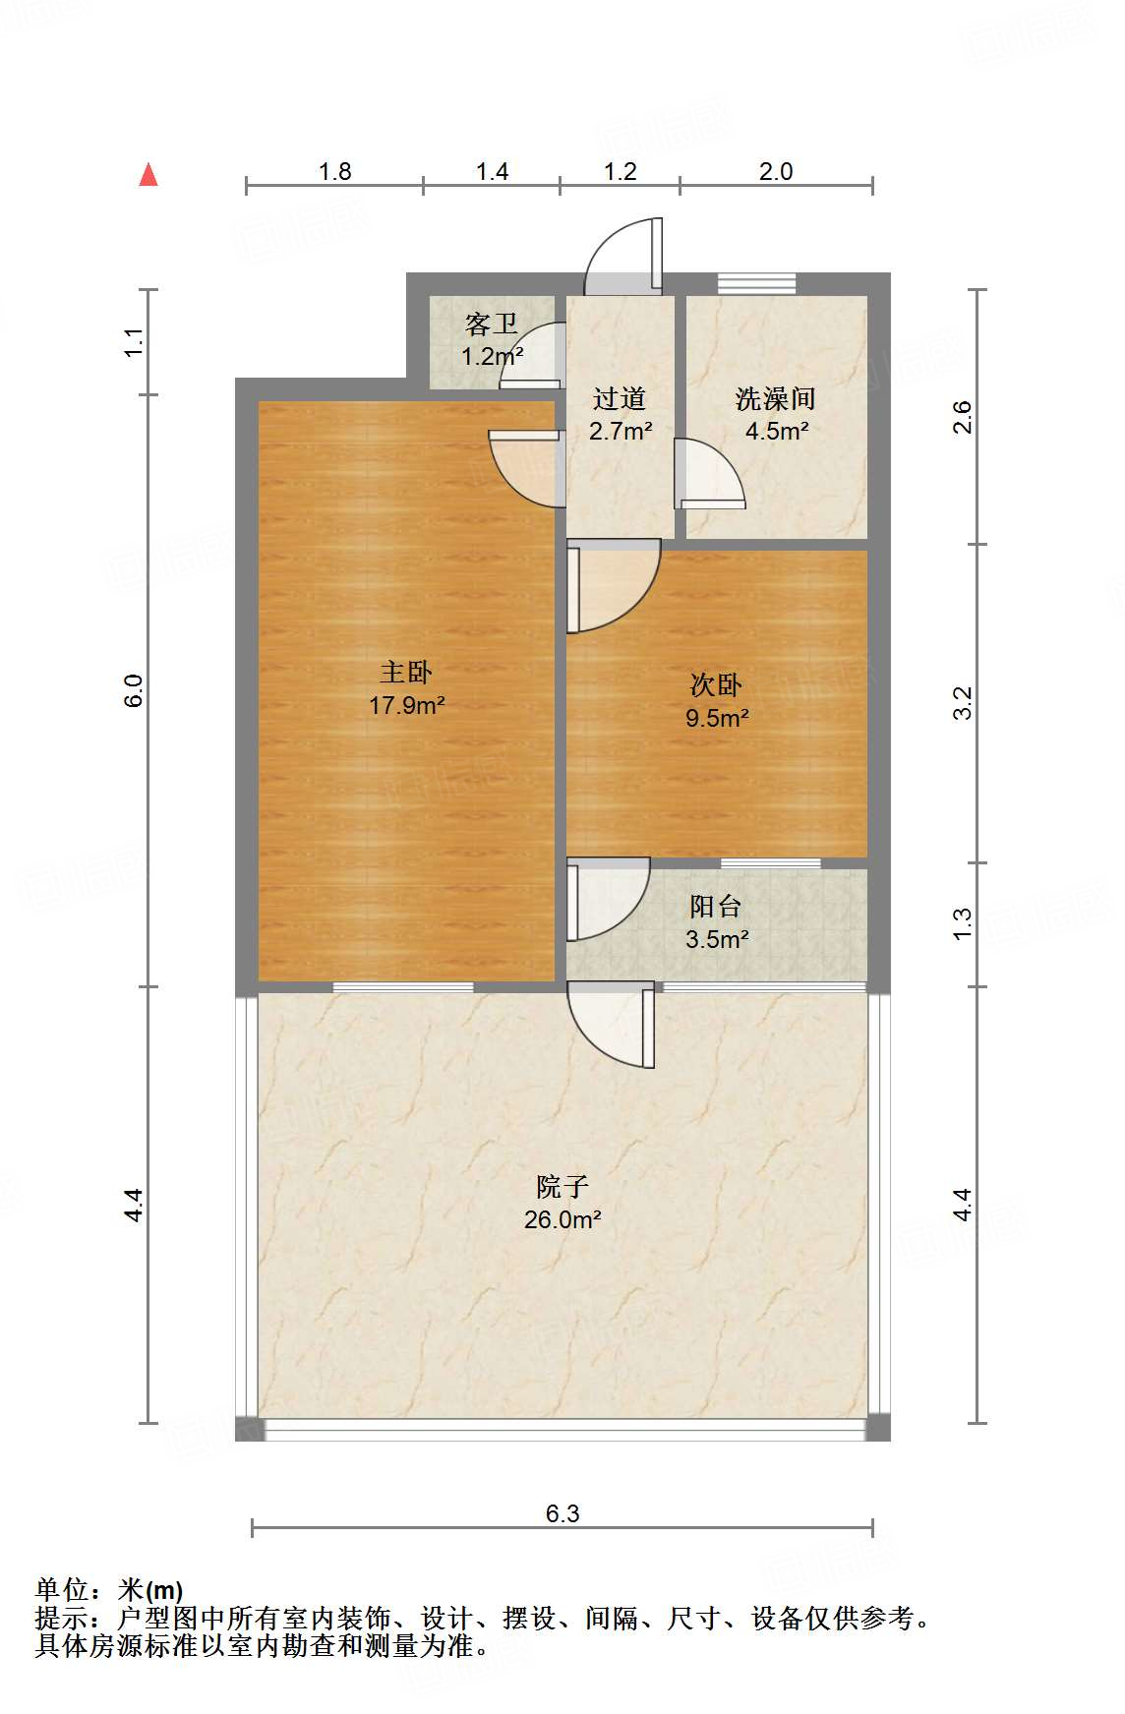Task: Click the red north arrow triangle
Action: point(148,175)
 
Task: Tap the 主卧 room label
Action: point(406,673)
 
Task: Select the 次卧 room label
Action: point(716,685)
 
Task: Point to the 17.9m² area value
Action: point(406,705)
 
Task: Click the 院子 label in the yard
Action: point(562,1187)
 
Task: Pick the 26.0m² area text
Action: point(562,1220)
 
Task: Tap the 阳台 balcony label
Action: point(716,907)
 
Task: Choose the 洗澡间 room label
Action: point(776,399)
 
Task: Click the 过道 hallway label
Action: point(620,399)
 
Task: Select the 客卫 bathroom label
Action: point(492,325)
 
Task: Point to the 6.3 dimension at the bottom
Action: point(562,1513)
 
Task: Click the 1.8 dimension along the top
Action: point(334,172)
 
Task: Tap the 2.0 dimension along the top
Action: point(776,172)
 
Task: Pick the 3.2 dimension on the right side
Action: point(963,703)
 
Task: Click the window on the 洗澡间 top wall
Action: point(756,283)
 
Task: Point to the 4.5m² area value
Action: point(776,431)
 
